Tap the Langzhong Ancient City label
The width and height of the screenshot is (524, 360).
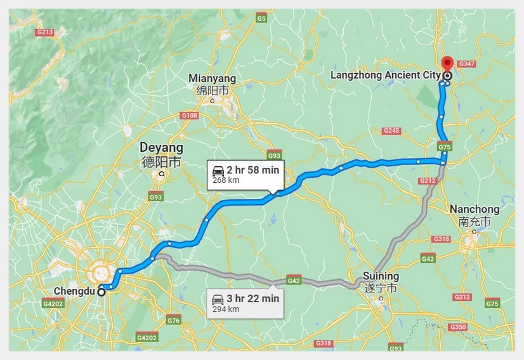tap(385, 76)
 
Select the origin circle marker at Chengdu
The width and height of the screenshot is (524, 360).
tap(102, 292)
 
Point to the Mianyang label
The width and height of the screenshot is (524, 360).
tap(212, 79)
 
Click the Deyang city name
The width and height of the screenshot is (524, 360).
tap(161, 148)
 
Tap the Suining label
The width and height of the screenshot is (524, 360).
tap(381, 276)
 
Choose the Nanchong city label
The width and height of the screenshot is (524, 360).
tap(474, 210)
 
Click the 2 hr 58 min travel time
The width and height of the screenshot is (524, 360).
tap(252, 170)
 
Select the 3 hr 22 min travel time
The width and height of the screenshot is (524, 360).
tap(253, 298)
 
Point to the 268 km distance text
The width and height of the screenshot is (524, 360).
tap(225, 180)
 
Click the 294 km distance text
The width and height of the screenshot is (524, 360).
tap(226, 309)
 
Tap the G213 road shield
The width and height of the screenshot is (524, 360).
tap(45, 32)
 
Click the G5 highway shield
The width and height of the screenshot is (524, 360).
tap(261, 19)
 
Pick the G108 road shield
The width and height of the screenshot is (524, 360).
tap(190, 116)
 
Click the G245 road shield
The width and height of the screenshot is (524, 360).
tap(391, 131)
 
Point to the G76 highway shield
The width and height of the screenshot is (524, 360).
tap(174, 321)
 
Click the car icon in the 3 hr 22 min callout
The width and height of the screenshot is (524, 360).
tap(218, 298)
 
